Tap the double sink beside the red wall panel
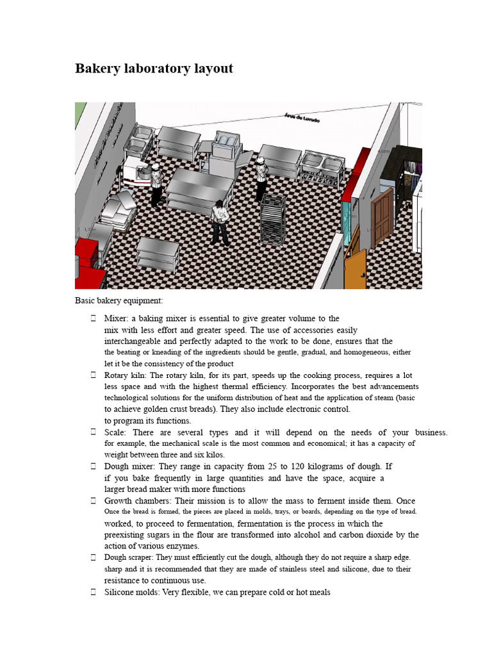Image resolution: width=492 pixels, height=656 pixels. click(x=321, y=165)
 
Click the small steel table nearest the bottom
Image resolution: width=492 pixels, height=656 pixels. click(x=158, y=254)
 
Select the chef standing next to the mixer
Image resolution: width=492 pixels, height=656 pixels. click(x=156, y=185)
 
